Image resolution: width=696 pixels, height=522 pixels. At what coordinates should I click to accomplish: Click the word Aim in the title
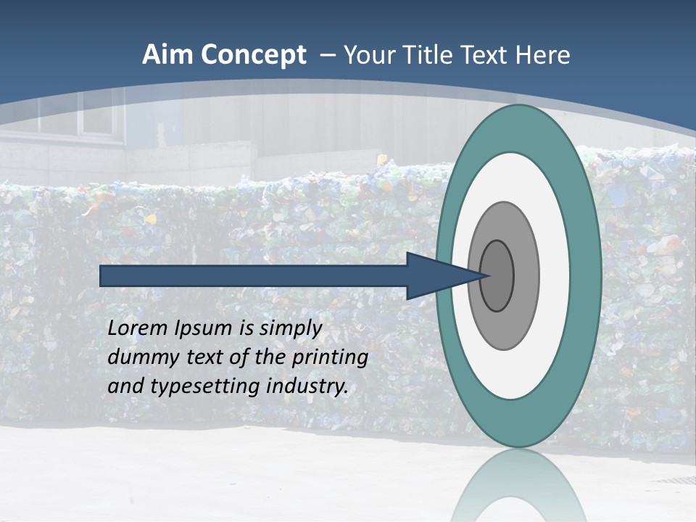pos(167,55)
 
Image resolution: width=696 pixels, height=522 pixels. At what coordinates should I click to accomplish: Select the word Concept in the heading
pos(254,55)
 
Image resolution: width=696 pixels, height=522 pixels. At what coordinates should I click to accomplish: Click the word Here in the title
pos(543,55)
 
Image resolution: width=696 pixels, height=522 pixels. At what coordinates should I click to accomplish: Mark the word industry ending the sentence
pos(307,387)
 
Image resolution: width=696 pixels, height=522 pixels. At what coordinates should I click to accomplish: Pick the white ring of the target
pos(554,276)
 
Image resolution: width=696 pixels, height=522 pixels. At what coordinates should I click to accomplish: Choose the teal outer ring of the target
pos(587,276)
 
